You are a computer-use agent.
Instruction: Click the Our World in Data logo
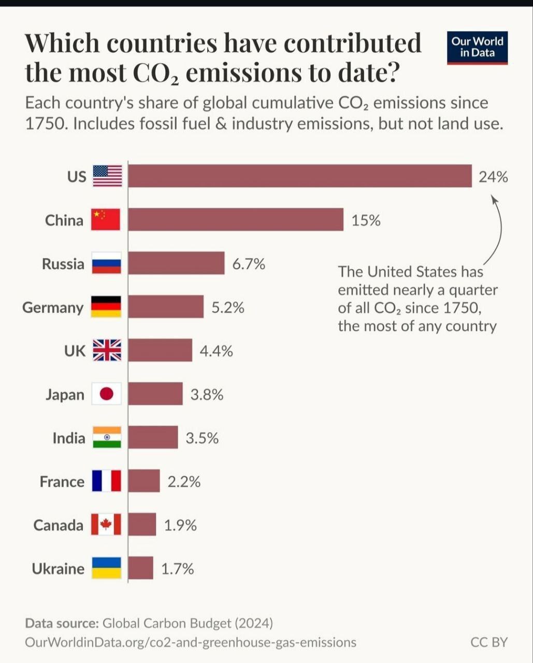pyautogui.click(x=477, y=47)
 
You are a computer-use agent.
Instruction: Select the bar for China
pyautogui.click(x=236, y=220)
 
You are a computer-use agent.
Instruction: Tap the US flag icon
pyautogui.click(x=107, y=176)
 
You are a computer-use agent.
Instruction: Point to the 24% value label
pyautogui.click(x=493, y=177)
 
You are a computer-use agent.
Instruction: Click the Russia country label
pyautogui.click(x=63, y=264)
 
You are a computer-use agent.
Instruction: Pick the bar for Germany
pyautogui.click(x=166, y=307)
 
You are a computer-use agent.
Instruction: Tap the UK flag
pyautogui.click(x=107, y=351)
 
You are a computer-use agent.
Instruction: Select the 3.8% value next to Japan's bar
pyautogui.click(x=207, y=395)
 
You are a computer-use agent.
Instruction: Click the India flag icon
pyautogui.click(x=107, y=438)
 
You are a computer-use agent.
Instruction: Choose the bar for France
pyautogui.click(x=144, y=481)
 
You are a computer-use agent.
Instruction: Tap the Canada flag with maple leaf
pyautogui.click(x=106, y=525)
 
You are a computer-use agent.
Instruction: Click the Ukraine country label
pyautogui.click(x=58, y=569)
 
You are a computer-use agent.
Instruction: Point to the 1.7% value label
pyautogui.click(x=178, y=569)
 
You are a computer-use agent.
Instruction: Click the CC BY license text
pyautogui.click(x=489, y=642)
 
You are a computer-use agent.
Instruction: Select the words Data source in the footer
pyautogui.click(x=62, y=623)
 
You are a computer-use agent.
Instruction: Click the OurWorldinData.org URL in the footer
pyautogui.click(x=191, y=642)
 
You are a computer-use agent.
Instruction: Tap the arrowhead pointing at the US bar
pyautogui.click(x=494, y=198)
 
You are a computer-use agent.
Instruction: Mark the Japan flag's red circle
pyautogui.click(x=107, y=395)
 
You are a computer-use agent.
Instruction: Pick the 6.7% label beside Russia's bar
pyautogui.click(x=249, y=264)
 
